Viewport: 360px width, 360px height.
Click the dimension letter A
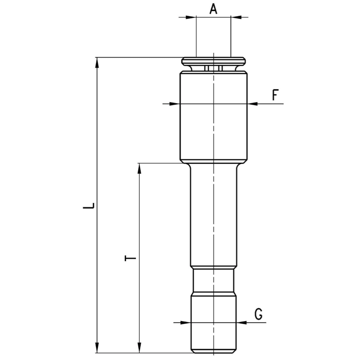(x=213, y=10)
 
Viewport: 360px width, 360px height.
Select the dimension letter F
(x=276, y=95)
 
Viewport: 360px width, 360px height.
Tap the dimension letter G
(x=259, y=314)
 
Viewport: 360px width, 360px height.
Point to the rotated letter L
(x=89, y=205)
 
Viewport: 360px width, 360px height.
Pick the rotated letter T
(x=130, y=258)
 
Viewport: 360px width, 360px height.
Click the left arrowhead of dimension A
(x=191, y=17)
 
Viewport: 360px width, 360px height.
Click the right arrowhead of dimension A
(x=236, y=17)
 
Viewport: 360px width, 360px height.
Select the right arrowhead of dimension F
(x=253, y=104)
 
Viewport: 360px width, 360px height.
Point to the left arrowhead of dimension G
(x=185, y=323)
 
